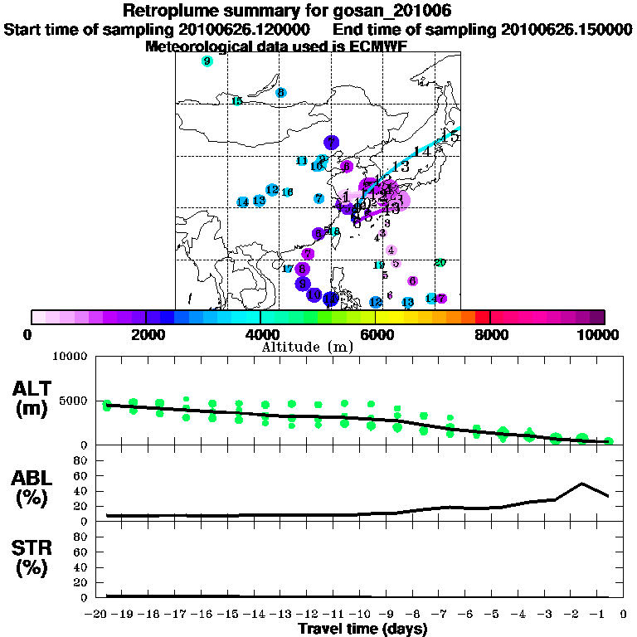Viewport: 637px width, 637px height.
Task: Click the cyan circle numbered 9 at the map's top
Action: [x=207, y=61]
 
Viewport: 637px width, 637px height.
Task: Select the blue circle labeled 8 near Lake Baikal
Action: [x=281, y=92]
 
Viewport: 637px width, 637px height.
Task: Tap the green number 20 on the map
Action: [x=440, y=263]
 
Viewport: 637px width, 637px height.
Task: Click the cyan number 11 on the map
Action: [x=302, y=161]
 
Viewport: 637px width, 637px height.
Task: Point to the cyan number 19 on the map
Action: [x=379, y=265]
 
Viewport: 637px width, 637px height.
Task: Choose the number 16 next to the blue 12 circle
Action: [x=288, y=192]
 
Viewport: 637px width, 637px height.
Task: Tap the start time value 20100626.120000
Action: [x=246, y=30]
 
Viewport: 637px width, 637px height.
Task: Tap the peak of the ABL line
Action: [x=582, y=484]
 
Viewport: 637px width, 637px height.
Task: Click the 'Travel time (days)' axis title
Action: [x=362, y=630]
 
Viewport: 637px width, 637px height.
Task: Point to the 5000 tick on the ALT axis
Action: [x=75, y=401]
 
